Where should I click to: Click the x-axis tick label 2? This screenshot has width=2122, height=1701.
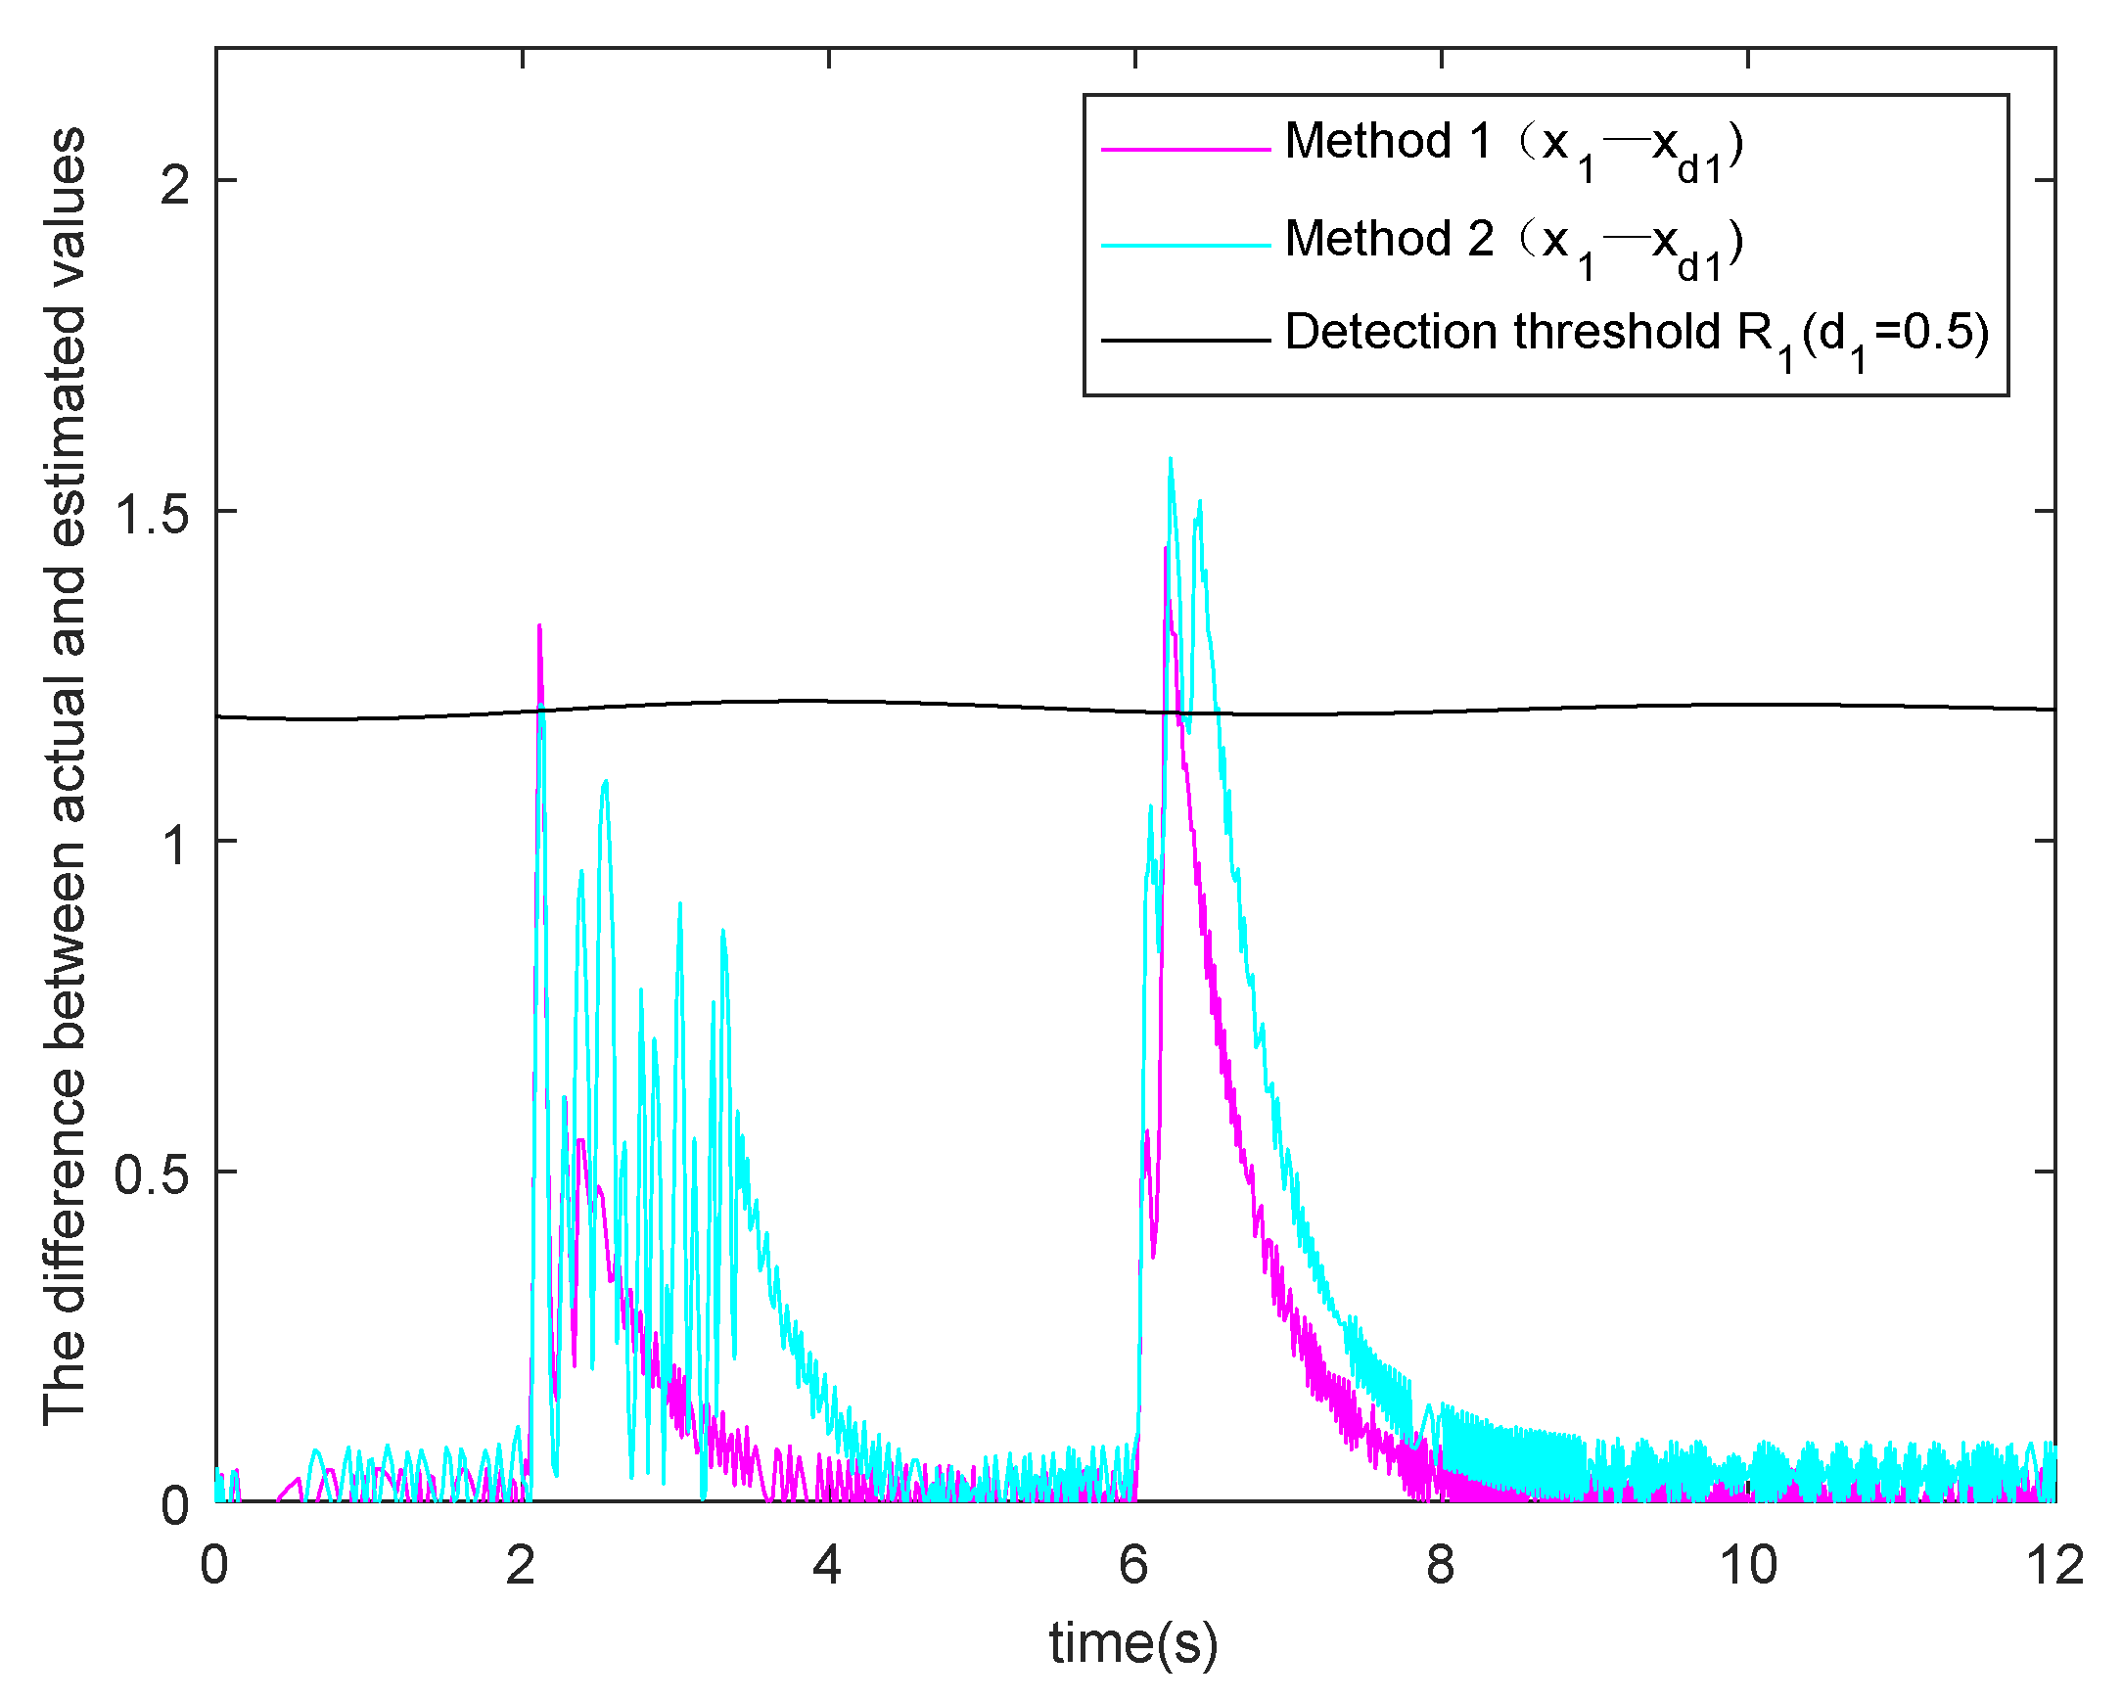tap(521, 1565)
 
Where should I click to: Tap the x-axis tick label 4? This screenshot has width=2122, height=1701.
tap(828, 1565)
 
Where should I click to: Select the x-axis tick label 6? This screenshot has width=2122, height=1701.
tap(1133, 1565)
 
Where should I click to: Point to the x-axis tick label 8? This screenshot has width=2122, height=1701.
tap(1440, 1565)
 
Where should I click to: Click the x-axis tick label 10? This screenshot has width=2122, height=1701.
tap(1748, 1565)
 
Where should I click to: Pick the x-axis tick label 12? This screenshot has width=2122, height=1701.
tap(2055, 1565)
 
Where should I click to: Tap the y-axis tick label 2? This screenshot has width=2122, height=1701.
tap(174, 182)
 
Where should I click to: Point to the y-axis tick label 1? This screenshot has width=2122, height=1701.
tap(174, 844)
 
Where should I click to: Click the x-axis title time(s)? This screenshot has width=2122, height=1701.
tap(1133, 1643)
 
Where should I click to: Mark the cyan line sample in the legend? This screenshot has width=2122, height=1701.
tap(1185, 245)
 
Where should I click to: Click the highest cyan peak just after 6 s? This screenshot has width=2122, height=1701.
tap(1171, 459)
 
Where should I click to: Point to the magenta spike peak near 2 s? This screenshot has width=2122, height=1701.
tap(539, 626)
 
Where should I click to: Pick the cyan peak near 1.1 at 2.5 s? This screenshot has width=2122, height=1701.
tap(605, 782)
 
